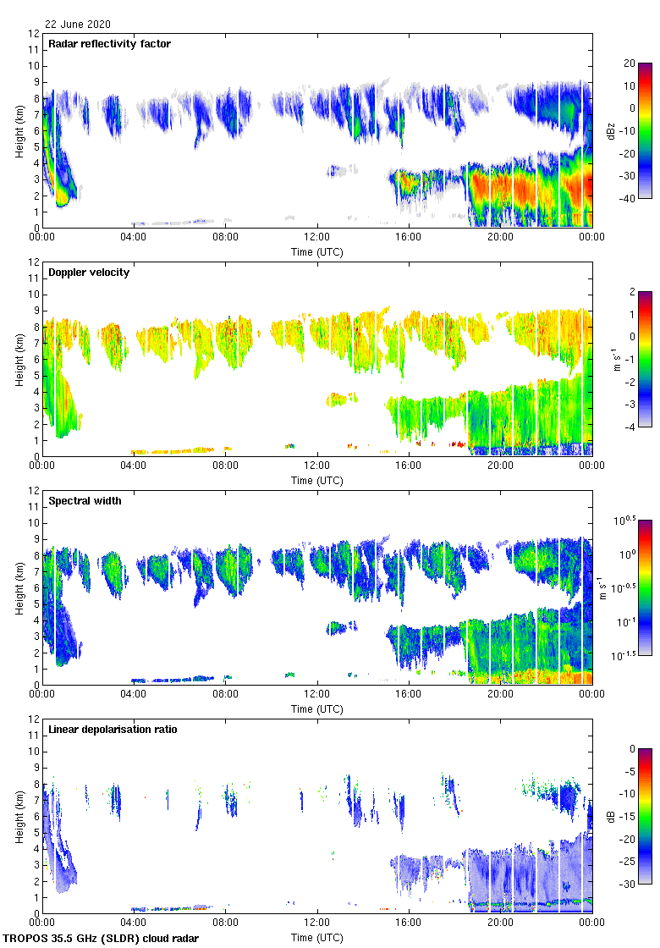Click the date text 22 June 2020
coord(78,25)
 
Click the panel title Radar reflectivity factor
coord(109,44)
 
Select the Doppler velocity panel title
coord(89,273)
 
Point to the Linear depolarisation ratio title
coord(113,730)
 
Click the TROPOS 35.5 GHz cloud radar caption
coord(102,939)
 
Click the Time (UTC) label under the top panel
coord(317,252)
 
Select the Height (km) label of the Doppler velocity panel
coord(19,359)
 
